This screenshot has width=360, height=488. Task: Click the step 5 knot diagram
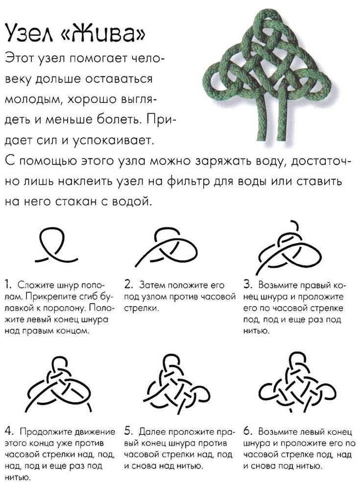[176, 380]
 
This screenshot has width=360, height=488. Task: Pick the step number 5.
[128, 432]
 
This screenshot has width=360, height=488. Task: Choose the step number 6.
[247, 432]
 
